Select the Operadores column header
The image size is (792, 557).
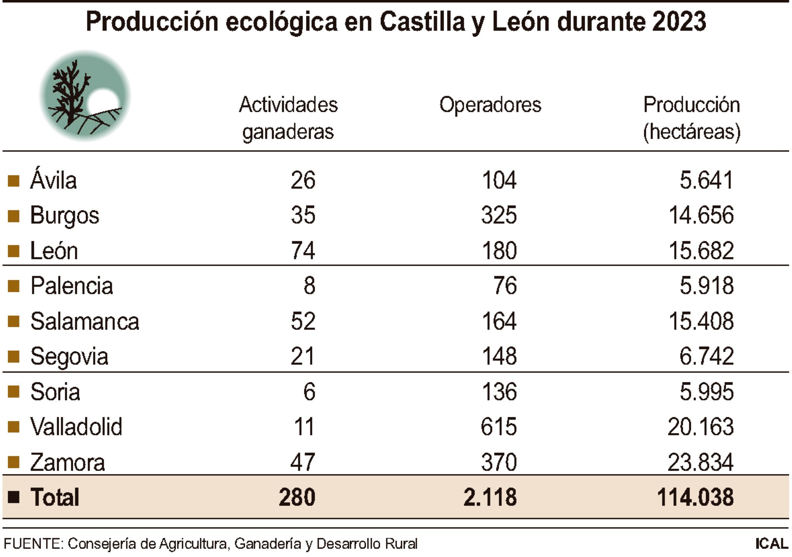(x=490, y=105)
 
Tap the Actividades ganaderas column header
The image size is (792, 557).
(x=288, y=118)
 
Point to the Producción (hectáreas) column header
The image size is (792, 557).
(x=692, y=118)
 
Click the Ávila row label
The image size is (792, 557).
(x=54, y=180)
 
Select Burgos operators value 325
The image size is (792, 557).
(x=499, y=215)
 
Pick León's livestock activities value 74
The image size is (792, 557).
(x=303, y=250)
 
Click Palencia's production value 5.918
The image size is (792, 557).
(x=707, y=286)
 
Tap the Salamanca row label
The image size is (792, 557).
(x=85, y=321)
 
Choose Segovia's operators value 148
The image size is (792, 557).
(x=499, y=356)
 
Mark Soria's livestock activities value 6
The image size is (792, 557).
(x=309, y=392)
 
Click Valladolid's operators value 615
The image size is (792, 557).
(x=499, y=427)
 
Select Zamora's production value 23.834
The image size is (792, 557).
(x=700, y=462)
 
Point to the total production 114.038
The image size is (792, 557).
(x=695, y=497)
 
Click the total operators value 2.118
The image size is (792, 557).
(x=490, y=497)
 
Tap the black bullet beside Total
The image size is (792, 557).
(x=14, y=497)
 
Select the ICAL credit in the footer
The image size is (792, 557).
(x=771, y=544)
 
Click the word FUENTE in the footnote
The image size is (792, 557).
(x=33, y=544)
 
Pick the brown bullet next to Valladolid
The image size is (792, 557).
(x=14, y=427)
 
